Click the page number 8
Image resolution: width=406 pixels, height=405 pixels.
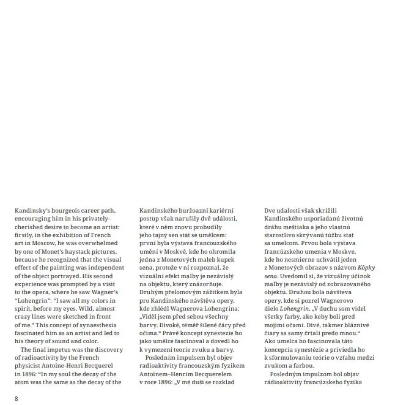click(17, 399)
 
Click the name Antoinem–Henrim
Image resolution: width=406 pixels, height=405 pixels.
click(166, 374)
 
